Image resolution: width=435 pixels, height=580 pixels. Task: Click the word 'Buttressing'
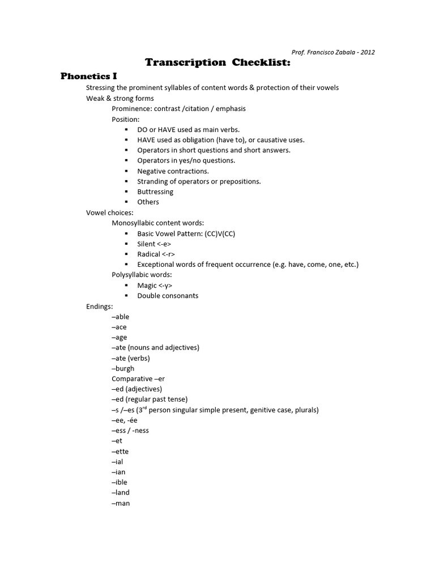coord(155,191)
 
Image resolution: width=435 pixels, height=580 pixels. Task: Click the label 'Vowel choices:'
coord(109,212)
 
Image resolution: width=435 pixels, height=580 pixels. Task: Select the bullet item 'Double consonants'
coord(168,296)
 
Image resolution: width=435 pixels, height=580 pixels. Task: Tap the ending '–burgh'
coord(123,368)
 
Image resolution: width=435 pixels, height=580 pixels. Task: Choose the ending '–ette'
coord(120,451)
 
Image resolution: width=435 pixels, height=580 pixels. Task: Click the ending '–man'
coord(121,503)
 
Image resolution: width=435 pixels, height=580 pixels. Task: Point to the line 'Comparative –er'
coord(138,378)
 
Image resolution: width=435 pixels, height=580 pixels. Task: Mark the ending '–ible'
coord(120,482)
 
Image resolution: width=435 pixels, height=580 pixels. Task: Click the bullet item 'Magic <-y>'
coord(154,285)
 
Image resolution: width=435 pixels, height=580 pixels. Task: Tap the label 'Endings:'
coord(99,306)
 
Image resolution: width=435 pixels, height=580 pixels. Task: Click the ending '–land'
coord(121,492)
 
